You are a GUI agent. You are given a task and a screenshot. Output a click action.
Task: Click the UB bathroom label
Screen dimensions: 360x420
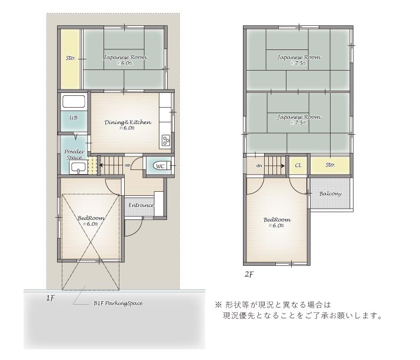pos(74,118)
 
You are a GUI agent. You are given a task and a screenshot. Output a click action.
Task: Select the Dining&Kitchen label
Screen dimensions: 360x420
pos(128,122)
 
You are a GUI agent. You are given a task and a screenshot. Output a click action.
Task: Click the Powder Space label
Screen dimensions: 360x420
pos(74,155)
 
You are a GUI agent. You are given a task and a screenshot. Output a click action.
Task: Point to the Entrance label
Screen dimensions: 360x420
pos(141,205)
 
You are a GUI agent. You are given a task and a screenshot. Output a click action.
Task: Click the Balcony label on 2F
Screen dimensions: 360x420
pos(331,194)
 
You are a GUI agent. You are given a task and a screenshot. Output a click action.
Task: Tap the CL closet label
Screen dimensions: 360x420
pos(298,166)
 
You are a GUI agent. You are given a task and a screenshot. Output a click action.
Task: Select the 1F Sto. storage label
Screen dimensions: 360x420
pos(70,58)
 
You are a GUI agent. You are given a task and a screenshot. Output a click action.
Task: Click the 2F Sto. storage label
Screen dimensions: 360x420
pos(330,165)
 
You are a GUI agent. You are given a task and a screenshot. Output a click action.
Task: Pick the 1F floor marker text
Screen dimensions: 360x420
pos(51,299)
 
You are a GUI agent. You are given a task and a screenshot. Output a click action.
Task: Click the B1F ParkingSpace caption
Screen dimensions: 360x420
pos(118,304)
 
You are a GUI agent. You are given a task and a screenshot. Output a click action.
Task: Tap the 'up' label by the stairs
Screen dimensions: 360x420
pos(128,165)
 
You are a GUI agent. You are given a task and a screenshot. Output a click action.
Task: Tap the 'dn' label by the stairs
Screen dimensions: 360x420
pos(259,166)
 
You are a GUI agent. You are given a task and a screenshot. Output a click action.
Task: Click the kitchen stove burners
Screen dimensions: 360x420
pos(165,140)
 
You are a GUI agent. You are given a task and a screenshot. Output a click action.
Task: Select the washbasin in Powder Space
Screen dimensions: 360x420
pos(77,168)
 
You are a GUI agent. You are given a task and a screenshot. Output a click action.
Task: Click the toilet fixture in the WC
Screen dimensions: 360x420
pos(166,166)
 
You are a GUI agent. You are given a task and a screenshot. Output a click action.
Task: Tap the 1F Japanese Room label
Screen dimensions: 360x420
pos(125,58)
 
